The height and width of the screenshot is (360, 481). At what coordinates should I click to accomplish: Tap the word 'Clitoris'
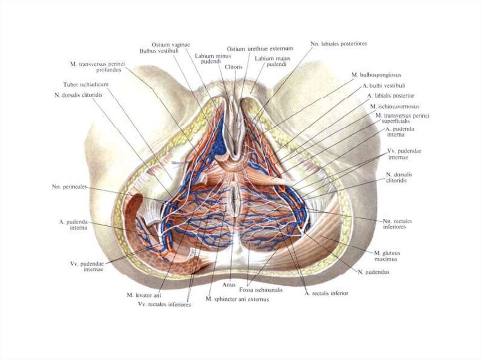pos(233,67)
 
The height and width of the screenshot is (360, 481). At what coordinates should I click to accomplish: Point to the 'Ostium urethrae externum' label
pos(260,49)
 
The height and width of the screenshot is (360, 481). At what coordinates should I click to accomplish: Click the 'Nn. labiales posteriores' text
pos(338,44)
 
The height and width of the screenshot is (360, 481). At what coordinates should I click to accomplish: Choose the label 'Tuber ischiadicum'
pos(86,85)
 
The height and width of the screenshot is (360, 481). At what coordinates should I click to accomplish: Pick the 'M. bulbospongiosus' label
pos(376,75)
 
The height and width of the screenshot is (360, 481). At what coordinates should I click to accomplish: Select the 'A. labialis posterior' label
pos(391,96)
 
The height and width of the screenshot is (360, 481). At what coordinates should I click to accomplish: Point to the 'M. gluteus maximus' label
pos(387,256)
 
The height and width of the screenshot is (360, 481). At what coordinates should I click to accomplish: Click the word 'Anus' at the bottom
pos(228,284)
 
